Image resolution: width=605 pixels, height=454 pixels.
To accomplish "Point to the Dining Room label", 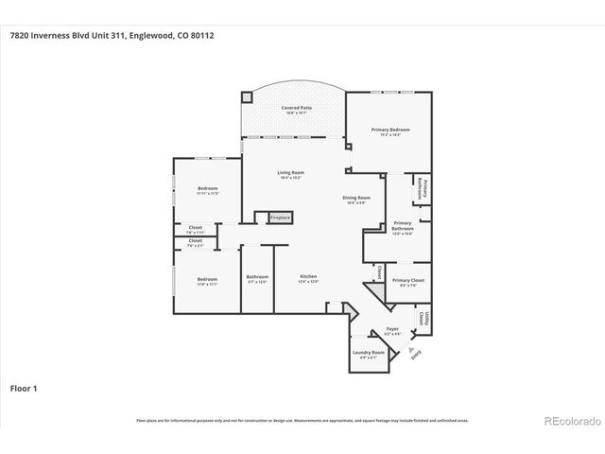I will pyautogui.click(x=356, y=199).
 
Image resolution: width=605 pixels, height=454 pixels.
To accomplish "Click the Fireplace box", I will pyautogui.click(x=281, y=218).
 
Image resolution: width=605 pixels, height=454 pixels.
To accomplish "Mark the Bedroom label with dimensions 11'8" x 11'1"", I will pyautogui.click(x=208, y=281).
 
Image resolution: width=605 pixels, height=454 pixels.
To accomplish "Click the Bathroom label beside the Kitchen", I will pyautogui.click(x=257, y=279).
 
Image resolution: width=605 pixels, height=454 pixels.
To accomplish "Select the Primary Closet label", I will pyautogui.click(x=408, y=282).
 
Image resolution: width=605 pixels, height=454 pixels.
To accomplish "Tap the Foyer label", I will pyautogui.click(x=391, y=330).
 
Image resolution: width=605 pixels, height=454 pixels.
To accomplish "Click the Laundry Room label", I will pyautogui.click(x=369, y=355).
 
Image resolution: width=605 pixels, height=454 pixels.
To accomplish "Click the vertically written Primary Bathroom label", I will pyautogui.click(x=424, y=188).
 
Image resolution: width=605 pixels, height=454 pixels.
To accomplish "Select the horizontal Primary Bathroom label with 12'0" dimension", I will pyautogui.click(x=403, y=227).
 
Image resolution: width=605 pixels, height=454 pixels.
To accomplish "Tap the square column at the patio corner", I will pyautogui.click(x=248, y=96).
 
